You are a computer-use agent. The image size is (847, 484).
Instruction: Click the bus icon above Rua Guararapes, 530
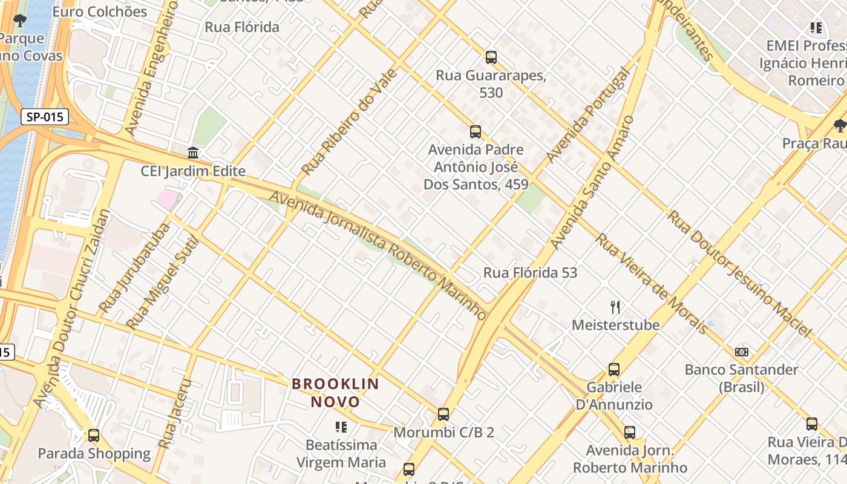pyautogui.click(x=491, y=57)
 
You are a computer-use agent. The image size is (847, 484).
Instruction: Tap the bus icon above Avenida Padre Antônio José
pyautogui.click(x=476, y=131)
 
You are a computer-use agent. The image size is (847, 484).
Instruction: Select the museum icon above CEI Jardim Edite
pyautogui.click(x=193, y=152)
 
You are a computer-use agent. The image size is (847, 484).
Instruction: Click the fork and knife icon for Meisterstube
pyautogui.click(x=615, y=307)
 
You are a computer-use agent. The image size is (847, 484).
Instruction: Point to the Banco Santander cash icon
pyautogui.click(x=742, y=352)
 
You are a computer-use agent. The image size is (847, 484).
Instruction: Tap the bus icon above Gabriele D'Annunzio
pyautogui.click(x=614, y=369)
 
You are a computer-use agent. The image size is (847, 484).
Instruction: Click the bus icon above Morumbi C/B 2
pyautogui.click(x=443, y=414)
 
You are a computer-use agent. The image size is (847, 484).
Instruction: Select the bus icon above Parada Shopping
pyautogui.click(x=94, y=435)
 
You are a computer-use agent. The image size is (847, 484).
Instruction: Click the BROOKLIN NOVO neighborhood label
pyautogui.click(x=335, y=393)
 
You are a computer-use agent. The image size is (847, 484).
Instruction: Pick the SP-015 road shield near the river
pyautogui.click(x=45, y=117)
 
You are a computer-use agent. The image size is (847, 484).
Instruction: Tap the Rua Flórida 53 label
pyautogui.click(x=530, y=273)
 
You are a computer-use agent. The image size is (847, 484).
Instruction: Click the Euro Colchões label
pyautogui.click(x=100, y=11)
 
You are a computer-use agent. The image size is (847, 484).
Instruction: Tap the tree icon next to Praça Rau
pyautogui.click(x=839, y=125)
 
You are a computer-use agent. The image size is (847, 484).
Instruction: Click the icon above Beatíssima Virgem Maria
pyautogui.click(x=341, y=427)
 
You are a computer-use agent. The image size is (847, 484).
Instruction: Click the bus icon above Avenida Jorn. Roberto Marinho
pyautogui.click(x=630, y=432)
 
